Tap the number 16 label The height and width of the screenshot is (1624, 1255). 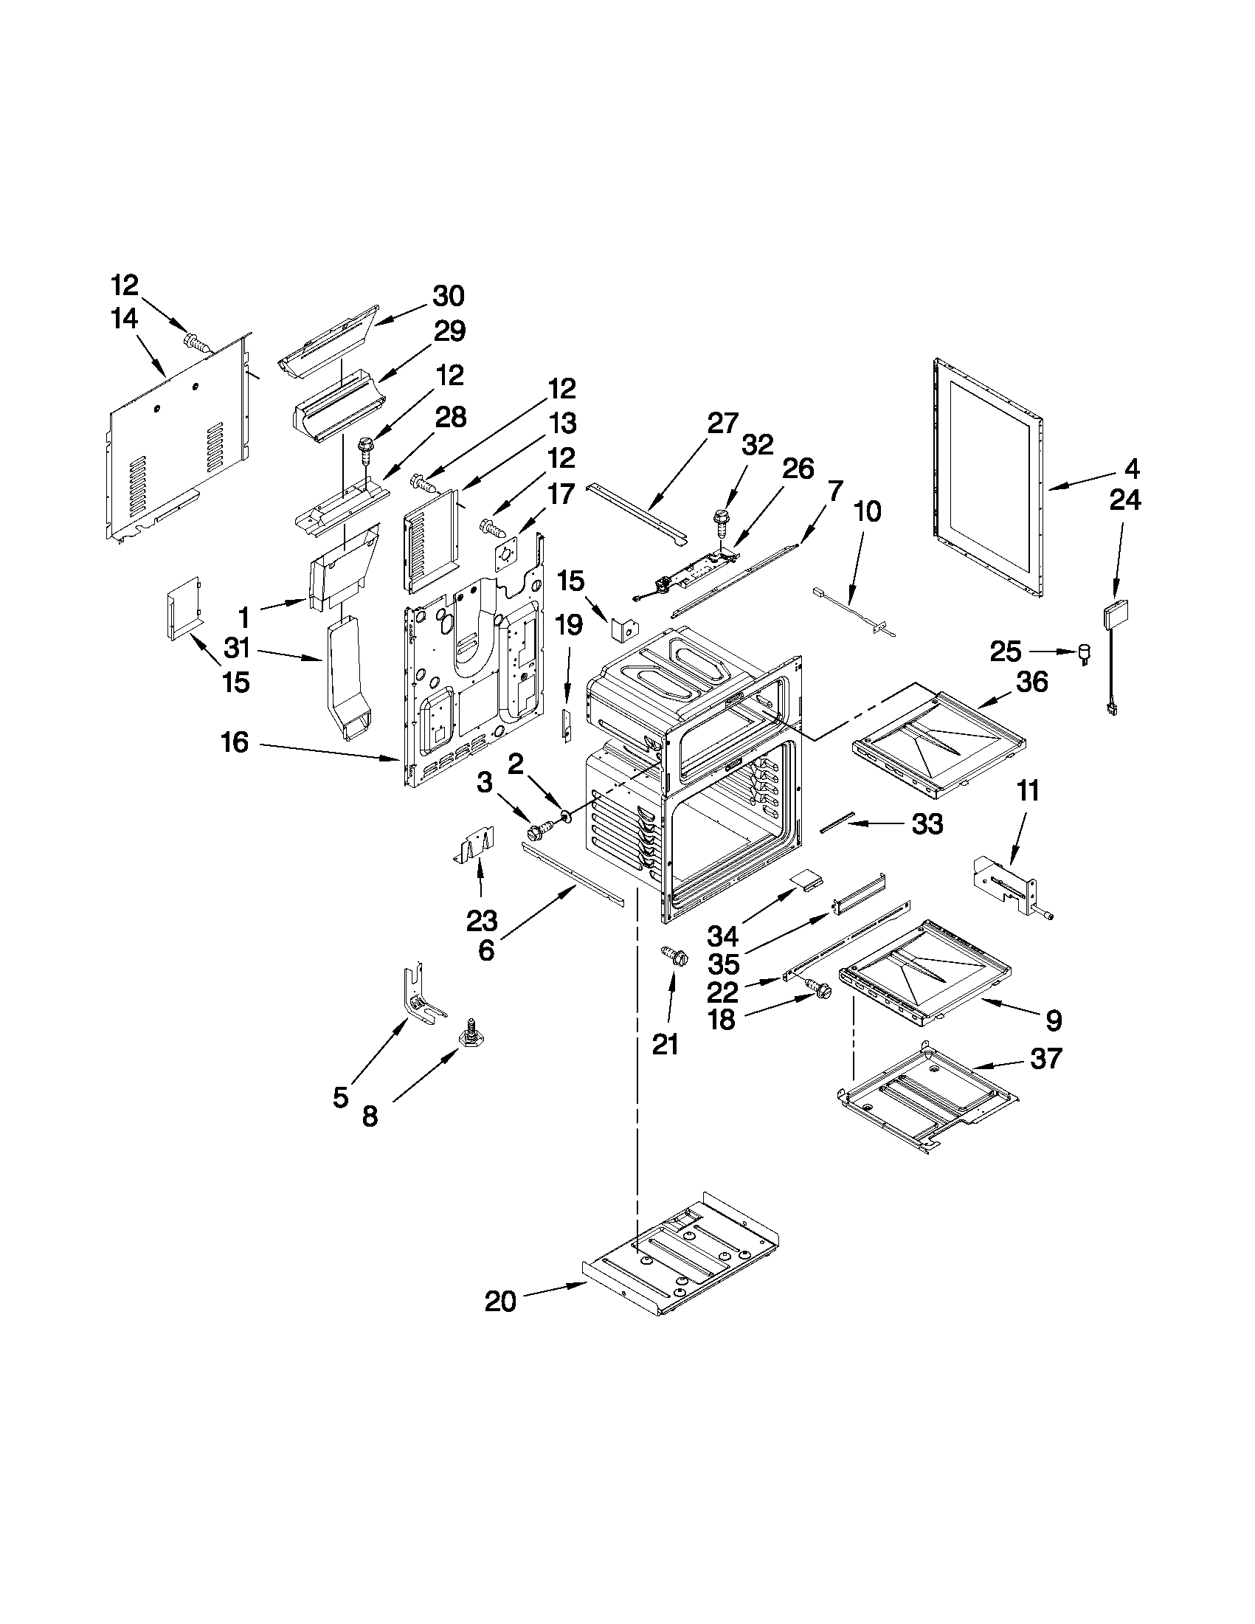(235, 742)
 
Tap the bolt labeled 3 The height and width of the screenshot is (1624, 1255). (541, 828)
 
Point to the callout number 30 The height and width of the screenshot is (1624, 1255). (449, 296)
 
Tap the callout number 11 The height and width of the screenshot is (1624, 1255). (1028, 791)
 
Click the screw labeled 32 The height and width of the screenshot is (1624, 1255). (719, 518)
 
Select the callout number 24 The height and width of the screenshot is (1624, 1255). (1124, 500)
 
